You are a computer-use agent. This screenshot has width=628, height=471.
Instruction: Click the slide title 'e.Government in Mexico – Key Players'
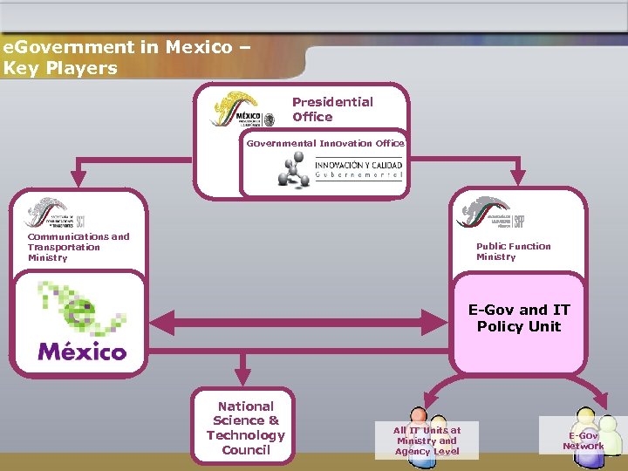pyautogui.click(x=126, y=58)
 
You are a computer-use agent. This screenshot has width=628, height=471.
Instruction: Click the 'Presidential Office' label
pyautogui.click(x=332, y=109)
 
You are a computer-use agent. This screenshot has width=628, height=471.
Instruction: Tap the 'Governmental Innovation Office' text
pyautogui.click(x=325, y=143)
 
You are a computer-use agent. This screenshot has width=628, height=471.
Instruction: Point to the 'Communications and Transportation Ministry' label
pyautogui.click(x=78, y=247)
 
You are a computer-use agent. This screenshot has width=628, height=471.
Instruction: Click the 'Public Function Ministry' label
pyautogui.click(x=513, y=251)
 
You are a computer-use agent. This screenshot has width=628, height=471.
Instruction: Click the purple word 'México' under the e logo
pyautogui.click(x=82, y=351)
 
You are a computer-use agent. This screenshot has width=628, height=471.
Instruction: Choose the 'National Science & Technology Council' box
pyautogui.click(x=245, y=428)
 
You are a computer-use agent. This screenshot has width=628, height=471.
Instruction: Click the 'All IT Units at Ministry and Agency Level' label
pyautogui.click(x=427, y=440)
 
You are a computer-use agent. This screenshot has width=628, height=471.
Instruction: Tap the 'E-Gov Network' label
pyautogui.click(x=583, y=440)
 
